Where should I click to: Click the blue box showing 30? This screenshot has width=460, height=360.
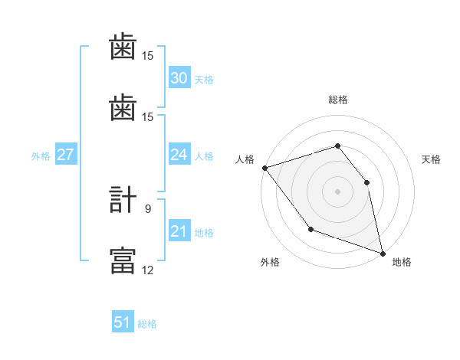(179, 78)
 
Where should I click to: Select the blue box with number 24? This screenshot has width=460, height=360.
(179, 155)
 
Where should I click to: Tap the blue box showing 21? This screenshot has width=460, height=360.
(179, 231)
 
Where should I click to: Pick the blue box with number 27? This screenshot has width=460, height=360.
(65, 155)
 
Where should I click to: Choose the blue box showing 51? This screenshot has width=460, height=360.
(123, 322)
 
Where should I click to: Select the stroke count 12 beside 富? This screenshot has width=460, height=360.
(147, 270)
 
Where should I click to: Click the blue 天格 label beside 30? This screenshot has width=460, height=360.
(203, 80)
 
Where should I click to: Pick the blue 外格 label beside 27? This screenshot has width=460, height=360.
(41, 156)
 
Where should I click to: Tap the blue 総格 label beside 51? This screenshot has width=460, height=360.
(147, 324)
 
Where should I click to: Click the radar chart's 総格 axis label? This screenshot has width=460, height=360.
(338, 100)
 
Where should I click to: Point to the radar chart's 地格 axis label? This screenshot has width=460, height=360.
(402, 262)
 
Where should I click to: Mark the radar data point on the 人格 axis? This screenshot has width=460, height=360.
(264, 168)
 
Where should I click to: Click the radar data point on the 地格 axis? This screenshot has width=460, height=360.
(383, 252)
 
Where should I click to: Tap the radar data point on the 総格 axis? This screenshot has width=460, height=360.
(337, 146)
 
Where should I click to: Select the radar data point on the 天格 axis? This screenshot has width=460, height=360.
(366, 182)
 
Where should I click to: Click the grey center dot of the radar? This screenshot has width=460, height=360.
(337, 191)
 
